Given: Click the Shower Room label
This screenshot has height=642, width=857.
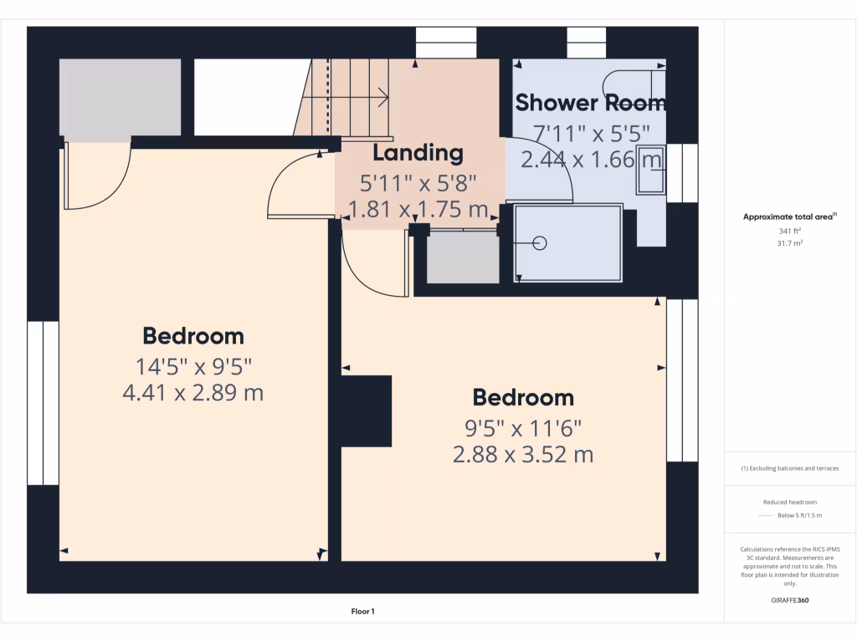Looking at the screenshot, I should [590, 103].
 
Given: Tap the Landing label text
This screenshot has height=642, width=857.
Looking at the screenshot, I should [418, 153].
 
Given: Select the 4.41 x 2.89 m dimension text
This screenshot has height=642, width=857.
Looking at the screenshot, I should [193, 392].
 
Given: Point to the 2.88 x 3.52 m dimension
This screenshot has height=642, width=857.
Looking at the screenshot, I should [522, 455].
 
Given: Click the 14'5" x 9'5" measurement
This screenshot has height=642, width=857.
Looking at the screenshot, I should [193, 365].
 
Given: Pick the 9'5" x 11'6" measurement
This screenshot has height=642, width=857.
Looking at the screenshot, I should [523, 428].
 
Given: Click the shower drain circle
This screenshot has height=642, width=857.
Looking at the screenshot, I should [539, 243].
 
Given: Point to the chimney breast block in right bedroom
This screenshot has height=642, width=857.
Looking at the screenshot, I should [366, 410].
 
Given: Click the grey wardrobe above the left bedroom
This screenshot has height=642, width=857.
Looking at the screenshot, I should [120, 97].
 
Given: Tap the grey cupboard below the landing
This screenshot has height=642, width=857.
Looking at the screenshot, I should [462, 257].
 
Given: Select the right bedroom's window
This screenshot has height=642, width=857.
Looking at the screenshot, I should [681, 380].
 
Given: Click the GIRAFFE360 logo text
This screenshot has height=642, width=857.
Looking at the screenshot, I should [790, 600].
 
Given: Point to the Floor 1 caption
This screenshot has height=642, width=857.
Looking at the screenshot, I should [362, 612].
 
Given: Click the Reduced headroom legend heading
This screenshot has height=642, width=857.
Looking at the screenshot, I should [790, 502].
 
